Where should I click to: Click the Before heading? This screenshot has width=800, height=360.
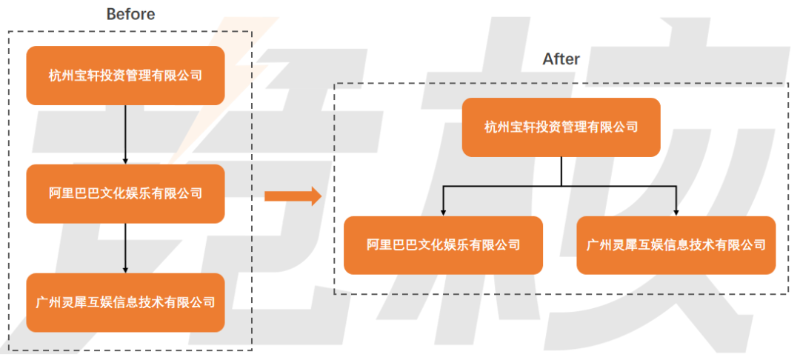tap(130, 14)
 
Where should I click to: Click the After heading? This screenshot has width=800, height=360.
tap(561, 59)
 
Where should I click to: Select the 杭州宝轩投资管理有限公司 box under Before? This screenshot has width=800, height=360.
tap(125, 76)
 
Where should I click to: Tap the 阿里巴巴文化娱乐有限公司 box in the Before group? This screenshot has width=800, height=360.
tap(125, 193)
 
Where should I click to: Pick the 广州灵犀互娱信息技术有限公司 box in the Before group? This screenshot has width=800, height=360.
tap(125, 302)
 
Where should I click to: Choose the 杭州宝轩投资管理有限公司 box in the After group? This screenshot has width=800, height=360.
tap(561, 127)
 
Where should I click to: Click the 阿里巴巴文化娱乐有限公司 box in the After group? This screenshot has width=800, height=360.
tap(443, 245)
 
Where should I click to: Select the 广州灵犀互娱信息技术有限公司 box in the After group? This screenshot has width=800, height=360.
tap(676, 245)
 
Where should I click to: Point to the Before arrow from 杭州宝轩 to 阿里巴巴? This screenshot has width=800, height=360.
tap(125, 134)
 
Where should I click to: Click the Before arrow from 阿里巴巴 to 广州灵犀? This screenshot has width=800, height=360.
tap(125, 247)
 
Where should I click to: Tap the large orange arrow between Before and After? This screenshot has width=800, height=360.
tap(293, 196)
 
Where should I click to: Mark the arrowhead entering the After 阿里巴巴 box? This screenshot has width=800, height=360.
tap(443, 212)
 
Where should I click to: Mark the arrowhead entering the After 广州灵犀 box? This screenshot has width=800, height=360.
tap(676, 212)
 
